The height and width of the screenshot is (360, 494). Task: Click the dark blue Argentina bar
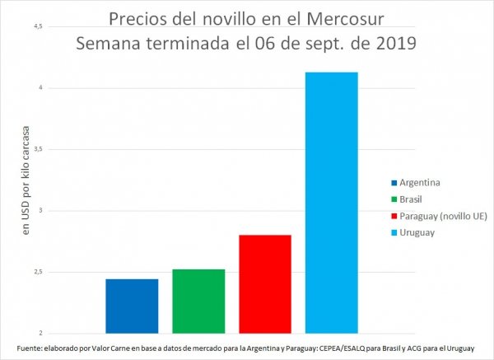coord(132,306)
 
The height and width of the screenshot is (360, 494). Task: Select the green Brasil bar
coord(198,301)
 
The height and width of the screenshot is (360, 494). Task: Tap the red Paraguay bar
coord(265,283)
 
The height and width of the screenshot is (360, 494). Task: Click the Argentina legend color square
coord(394,181)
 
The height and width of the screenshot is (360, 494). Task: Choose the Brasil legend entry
coord(415,199)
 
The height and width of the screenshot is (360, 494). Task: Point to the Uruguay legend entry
coord(419,232)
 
